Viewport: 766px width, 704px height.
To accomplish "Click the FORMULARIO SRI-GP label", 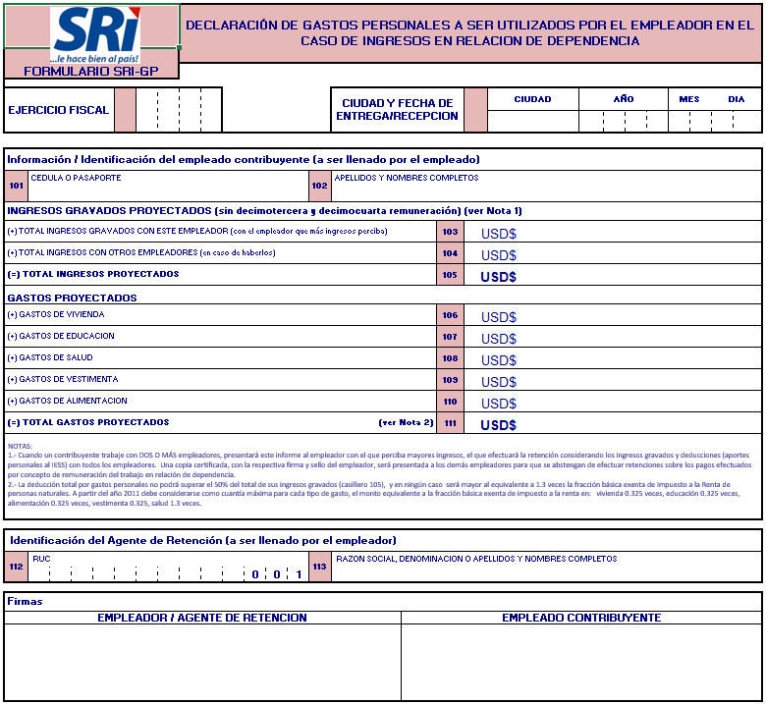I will (x=91, y=72).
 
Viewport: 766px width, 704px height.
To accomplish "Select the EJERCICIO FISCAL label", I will (x=58, y=110).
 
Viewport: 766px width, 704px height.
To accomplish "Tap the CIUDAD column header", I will (x=532, y=99).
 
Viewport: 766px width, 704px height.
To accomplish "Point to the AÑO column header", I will (x=624, y=99).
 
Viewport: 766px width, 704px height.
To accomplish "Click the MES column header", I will (x=689, y=99).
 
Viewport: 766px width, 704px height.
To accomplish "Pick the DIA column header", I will (x=736, y=99).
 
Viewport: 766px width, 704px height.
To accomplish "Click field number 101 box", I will (x=17, y=186).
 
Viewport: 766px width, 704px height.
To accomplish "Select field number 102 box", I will (x=320, y=186).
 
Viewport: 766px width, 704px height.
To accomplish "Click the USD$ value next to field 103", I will (x=498, y=234).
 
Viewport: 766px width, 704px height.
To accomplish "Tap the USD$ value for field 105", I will (x=498, y=277).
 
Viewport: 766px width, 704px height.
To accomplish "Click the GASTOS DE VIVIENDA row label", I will (x=55, y=315).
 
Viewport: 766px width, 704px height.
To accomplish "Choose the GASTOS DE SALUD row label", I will (x=50, y=358).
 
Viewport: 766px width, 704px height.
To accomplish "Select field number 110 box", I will (x=450, y=402).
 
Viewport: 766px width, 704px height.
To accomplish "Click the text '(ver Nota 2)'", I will (x=406, y=423).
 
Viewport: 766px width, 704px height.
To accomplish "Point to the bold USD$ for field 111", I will (x=498, y=425).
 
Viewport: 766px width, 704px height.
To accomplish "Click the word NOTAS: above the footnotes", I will (x=20, y=446).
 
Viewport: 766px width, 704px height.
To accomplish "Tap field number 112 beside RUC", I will (x=17, y=567).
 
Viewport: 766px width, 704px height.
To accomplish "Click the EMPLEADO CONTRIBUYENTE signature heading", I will (x=581, y=618).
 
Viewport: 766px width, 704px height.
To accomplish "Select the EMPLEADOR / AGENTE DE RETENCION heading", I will (x=202, y=618).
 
